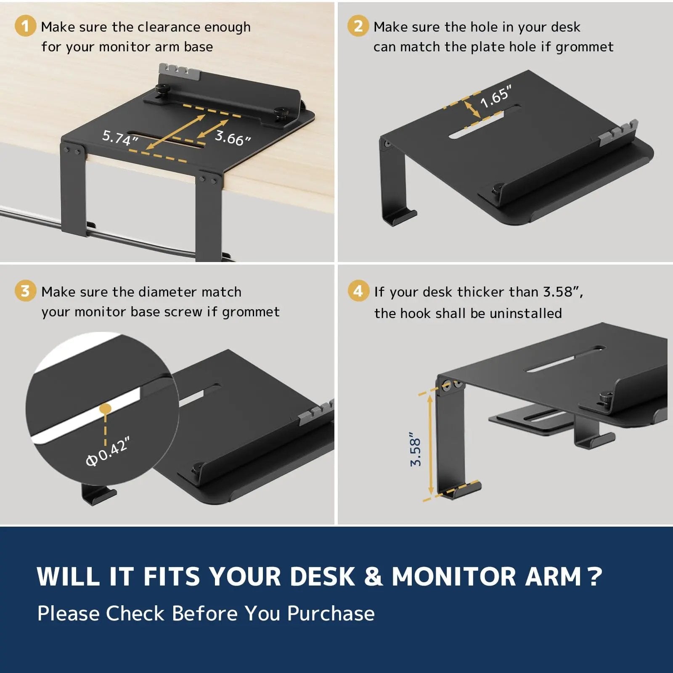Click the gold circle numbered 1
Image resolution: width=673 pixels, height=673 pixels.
click(25, 26)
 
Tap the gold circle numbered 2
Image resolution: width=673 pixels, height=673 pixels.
click(358, 26)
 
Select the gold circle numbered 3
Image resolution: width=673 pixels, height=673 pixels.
click(25, 291)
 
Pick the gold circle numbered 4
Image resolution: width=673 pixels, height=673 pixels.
click(358, 291)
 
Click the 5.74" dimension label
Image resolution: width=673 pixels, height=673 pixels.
click(120, 138)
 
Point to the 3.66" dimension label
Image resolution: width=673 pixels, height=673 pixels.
click(233, 137)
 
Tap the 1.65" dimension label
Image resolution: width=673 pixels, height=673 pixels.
click(496, 96)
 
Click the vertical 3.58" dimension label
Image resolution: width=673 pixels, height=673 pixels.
click(415, 449)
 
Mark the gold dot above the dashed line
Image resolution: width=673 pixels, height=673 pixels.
click(105, 408)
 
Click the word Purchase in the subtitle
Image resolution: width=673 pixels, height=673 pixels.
click(331, 613)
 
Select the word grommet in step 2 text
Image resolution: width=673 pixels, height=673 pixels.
click(584, 47)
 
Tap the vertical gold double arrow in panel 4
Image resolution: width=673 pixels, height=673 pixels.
click(430, 445)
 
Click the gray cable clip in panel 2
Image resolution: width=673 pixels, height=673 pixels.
click(617, 132)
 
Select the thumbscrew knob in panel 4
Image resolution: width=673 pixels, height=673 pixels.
click(606, 397)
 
